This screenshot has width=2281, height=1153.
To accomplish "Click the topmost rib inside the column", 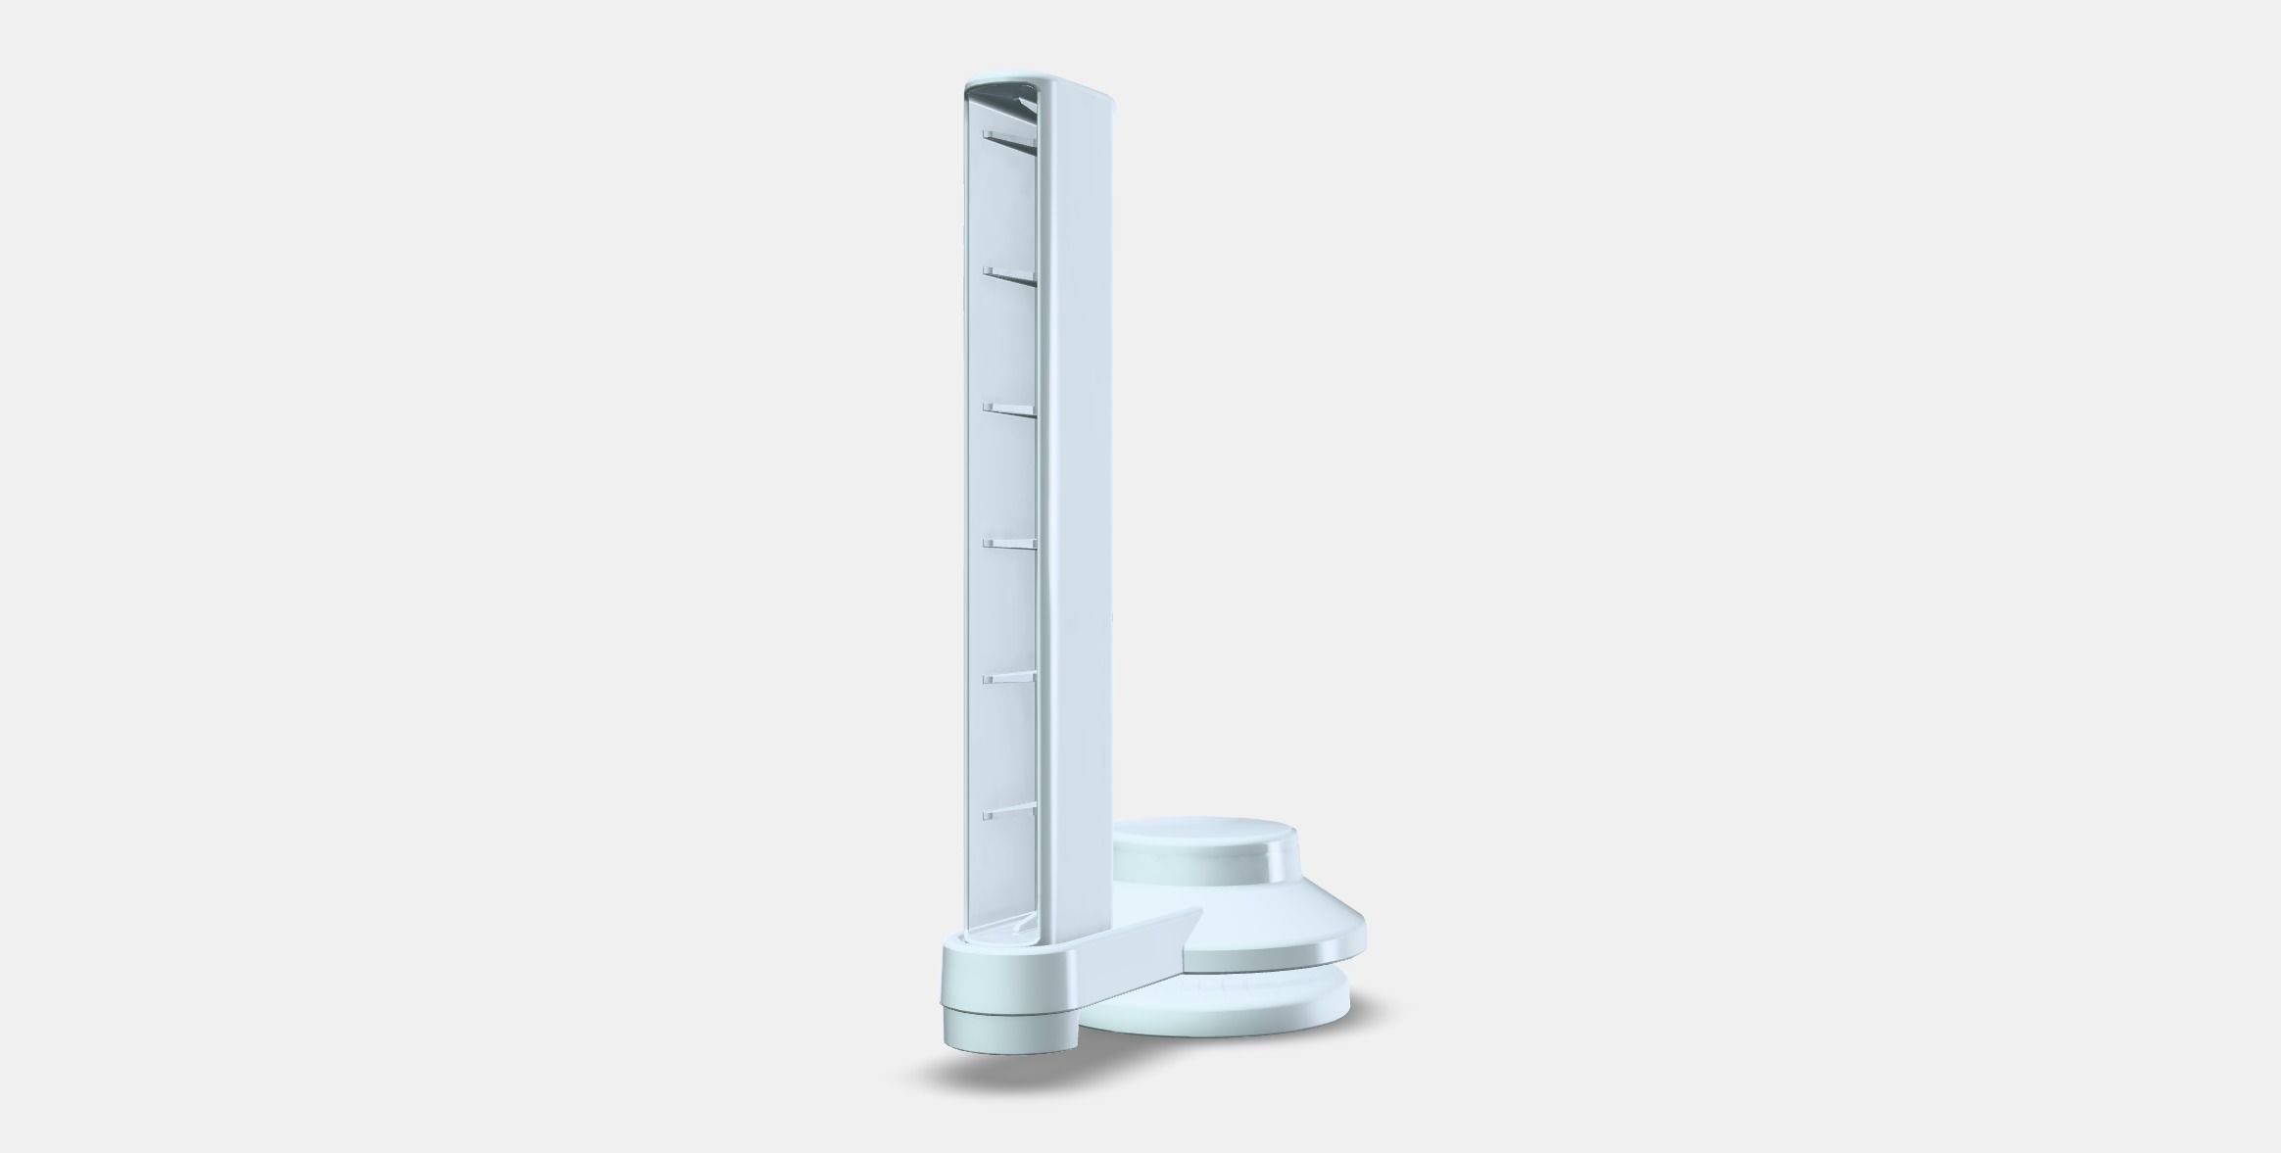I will [x=1009, y=139].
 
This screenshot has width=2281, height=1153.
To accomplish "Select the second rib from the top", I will [x=1009, y=273].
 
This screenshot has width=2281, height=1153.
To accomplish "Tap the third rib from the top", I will [x=1009, y=408].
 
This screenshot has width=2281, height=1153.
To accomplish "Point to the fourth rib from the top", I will [x=1009, y=543].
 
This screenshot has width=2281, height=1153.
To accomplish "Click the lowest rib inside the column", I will [x=1009, y=810].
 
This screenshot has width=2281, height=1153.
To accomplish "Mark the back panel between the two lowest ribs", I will [x=1009, y=745].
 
